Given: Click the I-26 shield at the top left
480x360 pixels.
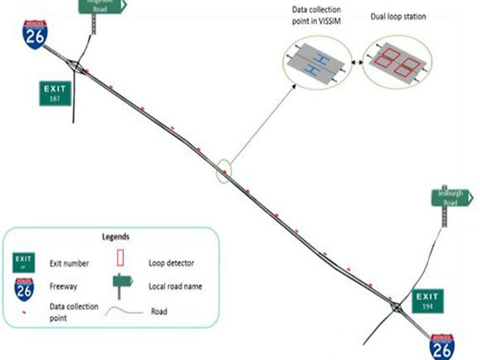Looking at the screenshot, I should [x=34, y=33].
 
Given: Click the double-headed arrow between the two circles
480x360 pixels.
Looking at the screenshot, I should [x=356, y=62].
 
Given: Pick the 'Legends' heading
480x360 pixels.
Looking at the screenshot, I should [x=113, y=236].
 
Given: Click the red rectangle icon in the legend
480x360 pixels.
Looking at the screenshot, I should [x=120, y=257].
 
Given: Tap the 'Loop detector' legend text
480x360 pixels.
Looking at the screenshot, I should [x=171, y=263].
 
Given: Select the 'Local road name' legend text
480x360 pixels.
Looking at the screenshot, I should [x=175, y=286].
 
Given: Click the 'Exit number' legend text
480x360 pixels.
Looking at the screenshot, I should [x=69, y=263].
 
